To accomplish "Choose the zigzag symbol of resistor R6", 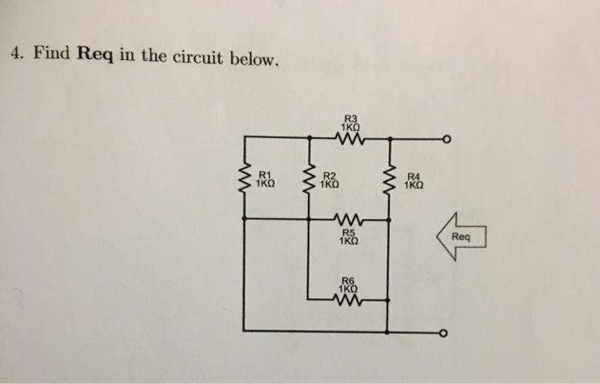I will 349,298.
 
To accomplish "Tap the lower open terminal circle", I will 445,334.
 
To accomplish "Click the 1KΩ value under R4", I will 413,183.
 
